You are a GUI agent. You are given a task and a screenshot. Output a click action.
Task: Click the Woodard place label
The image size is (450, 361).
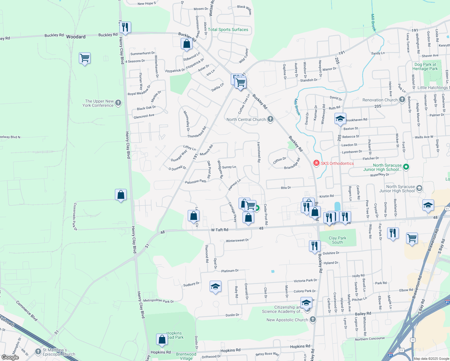tap(76, 37)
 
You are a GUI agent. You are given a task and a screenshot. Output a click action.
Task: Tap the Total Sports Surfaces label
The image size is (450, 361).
tap(228, 29)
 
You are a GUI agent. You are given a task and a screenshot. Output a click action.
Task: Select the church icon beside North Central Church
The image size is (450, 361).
tap(270, 119)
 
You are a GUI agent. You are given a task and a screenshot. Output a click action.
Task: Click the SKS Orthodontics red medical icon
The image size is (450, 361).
tap(316, 163)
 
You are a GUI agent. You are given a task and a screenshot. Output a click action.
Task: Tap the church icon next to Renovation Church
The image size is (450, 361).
tap(402, 100)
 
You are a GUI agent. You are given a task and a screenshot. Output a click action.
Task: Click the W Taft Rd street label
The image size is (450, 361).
tap(220, 230)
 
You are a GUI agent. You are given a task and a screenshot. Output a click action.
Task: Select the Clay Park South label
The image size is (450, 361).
tap(337, 240)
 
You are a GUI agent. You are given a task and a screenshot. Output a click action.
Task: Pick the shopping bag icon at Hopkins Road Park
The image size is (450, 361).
tap(162, 339)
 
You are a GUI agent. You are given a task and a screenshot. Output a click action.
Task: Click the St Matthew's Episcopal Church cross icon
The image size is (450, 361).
tap(38, 351)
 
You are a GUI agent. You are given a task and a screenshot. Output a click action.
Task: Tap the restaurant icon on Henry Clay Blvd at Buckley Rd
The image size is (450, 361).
tap(125, 27)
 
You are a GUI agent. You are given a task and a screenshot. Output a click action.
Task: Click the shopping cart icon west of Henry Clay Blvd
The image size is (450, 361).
tap(85, 58)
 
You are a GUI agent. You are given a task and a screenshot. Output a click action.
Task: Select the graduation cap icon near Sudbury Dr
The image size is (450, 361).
tap(215, 287)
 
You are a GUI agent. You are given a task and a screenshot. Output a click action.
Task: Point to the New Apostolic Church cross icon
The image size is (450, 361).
tap(313, 319)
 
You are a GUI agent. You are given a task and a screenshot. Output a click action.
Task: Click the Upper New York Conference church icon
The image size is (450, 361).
tap(118, 103)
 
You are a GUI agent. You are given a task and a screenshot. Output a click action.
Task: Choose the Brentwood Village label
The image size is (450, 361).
tap(186, 356)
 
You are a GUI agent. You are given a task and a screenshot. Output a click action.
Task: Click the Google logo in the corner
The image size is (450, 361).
tap(10, 357)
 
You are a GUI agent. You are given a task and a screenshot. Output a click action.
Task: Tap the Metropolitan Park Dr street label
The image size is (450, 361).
tap(159, 301)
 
